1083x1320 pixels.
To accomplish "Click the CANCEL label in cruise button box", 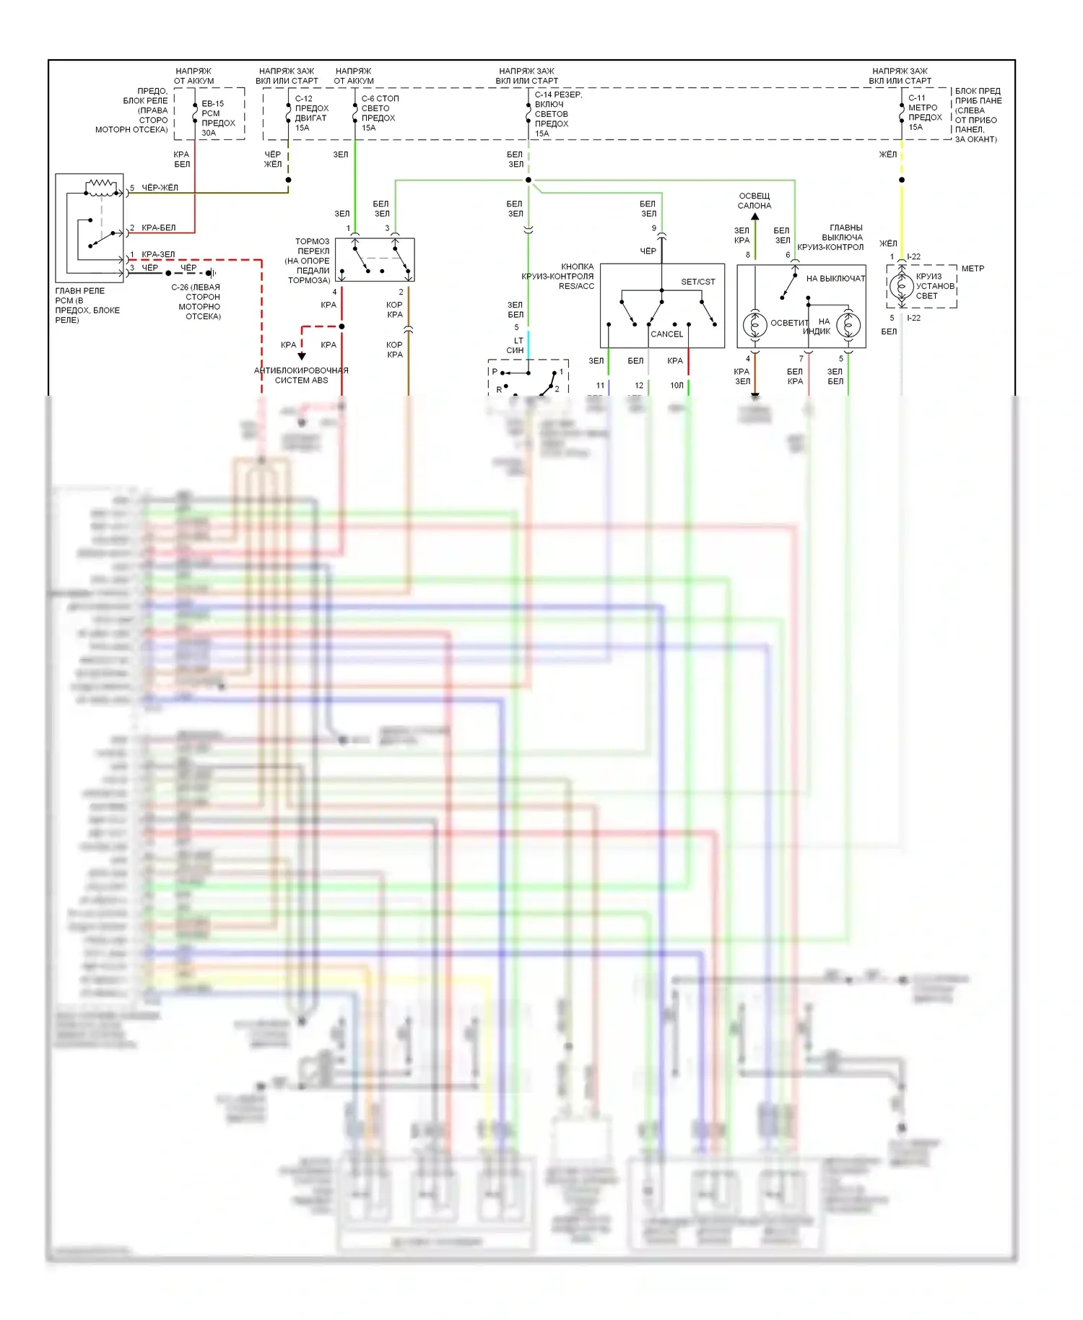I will [666, 334].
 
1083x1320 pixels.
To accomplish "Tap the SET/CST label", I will [697, 282].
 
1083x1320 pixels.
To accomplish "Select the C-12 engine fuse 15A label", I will [311, 113].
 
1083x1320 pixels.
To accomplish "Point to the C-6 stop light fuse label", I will [380, 113].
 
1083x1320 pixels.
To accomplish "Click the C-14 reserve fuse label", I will [557, 114].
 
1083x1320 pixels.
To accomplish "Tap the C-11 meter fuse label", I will [924, 112].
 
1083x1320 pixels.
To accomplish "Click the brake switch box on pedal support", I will [375, 260].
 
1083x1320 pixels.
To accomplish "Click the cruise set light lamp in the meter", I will [900, 287].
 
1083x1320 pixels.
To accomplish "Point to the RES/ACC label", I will [576, 286].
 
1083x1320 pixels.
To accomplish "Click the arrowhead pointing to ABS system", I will [302, 356].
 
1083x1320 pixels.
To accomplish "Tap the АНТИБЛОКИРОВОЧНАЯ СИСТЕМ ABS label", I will [301, 375].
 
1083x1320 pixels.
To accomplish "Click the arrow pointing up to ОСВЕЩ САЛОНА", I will [755, 216].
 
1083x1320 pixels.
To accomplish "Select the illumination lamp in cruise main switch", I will [754, 325].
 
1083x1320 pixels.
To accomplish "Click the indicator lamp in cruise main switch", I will [848, 325].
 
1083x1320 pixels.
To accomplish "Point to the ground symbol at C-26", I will [212, 273].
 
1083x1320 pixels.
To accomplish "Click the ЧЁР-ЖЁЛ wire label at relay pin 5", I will [160, 188].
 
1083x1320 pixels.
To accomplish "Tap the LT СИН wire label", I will [516, 345].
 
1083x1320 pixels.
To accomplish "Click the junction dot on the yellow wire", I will [902, 180].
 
